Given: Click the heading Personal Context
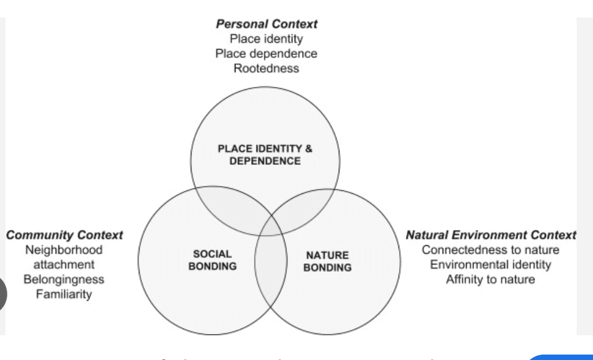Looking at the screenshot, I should point(266,24).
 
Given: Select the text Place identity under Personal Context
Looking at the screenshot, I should point(266,39).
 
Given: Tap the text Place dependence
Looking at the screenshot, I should point(266,53).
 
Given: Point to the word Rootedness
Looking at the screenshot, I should point(266,68).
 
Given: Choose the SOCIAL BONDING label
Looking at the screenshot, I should point(213,260).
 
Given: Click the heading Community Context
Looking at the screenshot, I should point(64,235).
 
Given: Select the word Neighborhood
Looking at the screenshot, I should point(64,249).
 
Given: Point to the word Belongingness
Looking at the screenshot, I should point(64,279).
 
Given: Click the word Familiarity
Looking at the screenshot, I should point(64,294).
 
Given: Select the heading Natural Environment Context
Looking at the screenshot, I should point(490,235).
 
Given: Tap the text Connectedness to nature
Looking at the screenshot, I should point(490,249).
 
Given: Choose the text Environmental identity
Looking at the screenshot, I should point(490,264).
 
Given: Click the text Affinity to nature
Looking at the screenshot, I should point(490,279).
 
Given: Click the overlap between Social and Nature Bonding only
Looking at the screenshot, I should point(269,272).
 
